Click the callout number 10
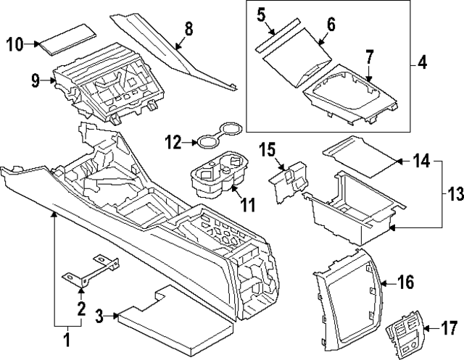[x=15, y=44]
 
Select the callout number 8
[x=188, y=30]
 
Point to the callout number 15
[x=268, y=150]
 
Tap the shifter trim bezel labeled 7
[x=348, y=95]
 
